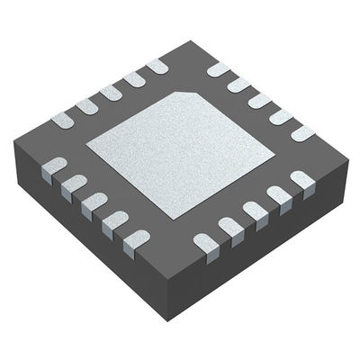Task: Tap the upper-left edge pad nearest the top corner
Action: click(157, 66)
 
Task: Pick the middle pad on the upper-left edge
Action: click(111, 92)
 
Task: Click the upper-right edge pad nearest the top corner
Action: click(219, 69)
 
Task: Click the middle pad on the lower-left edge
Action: click(92, 202)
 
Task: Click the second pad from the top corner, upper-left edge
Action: click(134, 79)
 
